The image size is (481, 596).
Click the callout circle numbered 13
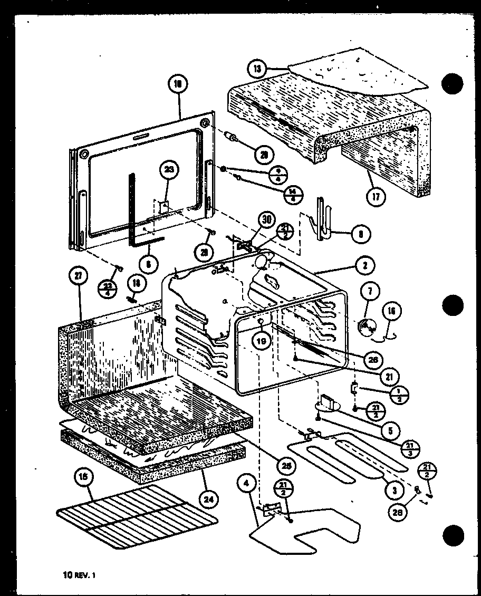click(x=256, y=69)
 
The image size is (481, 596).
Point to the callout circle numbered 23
click(x=168, y=170)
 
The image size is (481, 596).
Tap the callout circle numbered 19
click(x=262, y=341)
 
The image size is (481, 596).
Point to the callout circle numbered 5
click(x=390, y=430)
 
